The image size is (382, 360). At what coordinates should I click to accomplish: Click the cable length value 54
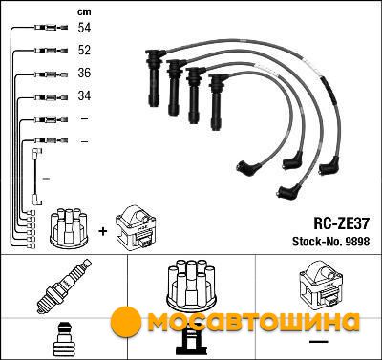coord(84,28)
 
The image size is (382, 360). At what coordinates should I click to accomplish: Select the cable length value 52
coord(84,50)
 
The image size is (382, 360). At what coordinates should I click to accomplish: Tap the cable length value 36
coord(84,73)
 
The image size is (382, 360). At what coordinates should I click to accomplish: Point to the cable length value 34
coord(84,95)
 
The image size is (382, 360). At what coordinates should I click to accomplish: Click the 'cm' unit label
coord(84,11)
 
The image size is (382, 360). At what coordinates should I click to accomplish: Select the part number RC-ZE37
coord(342,223)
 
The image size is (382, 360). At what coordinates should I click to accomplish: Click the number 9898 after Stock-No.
coord(356,242)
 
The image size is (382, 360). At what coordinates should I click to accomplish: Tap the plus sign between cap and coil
coord(103,231)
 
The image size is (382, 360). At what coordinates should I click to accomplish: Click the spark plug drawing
coord(64,286)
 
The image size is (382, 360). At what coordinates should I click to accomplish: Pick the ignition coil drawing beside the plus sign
coord(137,227)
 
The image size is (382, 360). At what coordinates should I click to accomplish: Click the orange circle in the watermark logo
coord(126,322)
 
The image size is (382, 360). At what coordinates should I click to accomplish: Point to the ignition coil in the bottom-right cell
coord(322,284)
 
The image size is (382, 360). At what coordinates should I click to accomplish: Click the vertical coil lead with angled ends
coord(37,177)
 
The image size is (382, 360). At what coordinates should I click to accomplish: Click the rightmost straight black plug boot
coord(218,102)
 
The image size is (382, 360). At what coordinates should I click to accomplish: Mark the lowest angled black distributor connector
coord(289,190)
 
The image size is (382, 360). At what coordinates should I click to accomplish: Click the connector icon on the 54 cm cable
coord(51,28)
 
